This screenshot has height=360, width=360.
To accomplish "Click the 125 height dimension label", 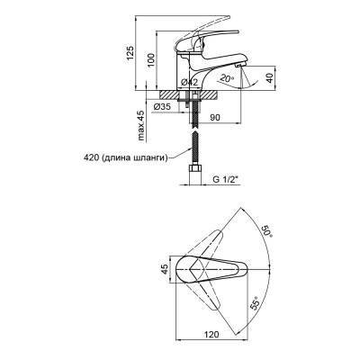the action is click(130, 53).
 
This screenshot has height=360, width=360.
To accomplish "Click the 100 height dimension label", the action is click(151, 60).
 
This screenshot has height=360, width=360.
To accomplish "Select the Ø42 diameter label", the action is click(190, 82).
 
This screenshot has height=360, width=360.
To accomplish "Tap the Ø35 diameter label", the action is click(162, 106).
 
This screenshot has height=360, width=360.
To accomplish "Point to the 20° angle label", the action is click(227, 78).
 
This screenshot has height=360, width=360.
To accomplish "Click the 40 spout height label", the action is click(269, 78).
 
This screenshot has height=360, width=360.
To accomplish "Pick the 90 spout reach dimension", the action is click(215, 118).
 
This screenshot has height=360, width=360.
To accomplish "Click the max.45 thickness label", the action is click(140, 126).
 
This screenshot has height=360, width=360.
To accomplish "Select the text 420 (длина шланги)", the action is click(125, 158).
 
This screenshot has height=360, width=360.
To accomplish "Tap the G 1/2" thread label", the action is click(225, 180).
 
